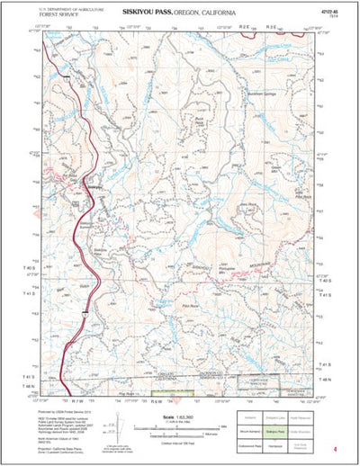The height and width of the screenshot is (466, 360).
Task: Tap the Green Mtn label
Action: point(276,167)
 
